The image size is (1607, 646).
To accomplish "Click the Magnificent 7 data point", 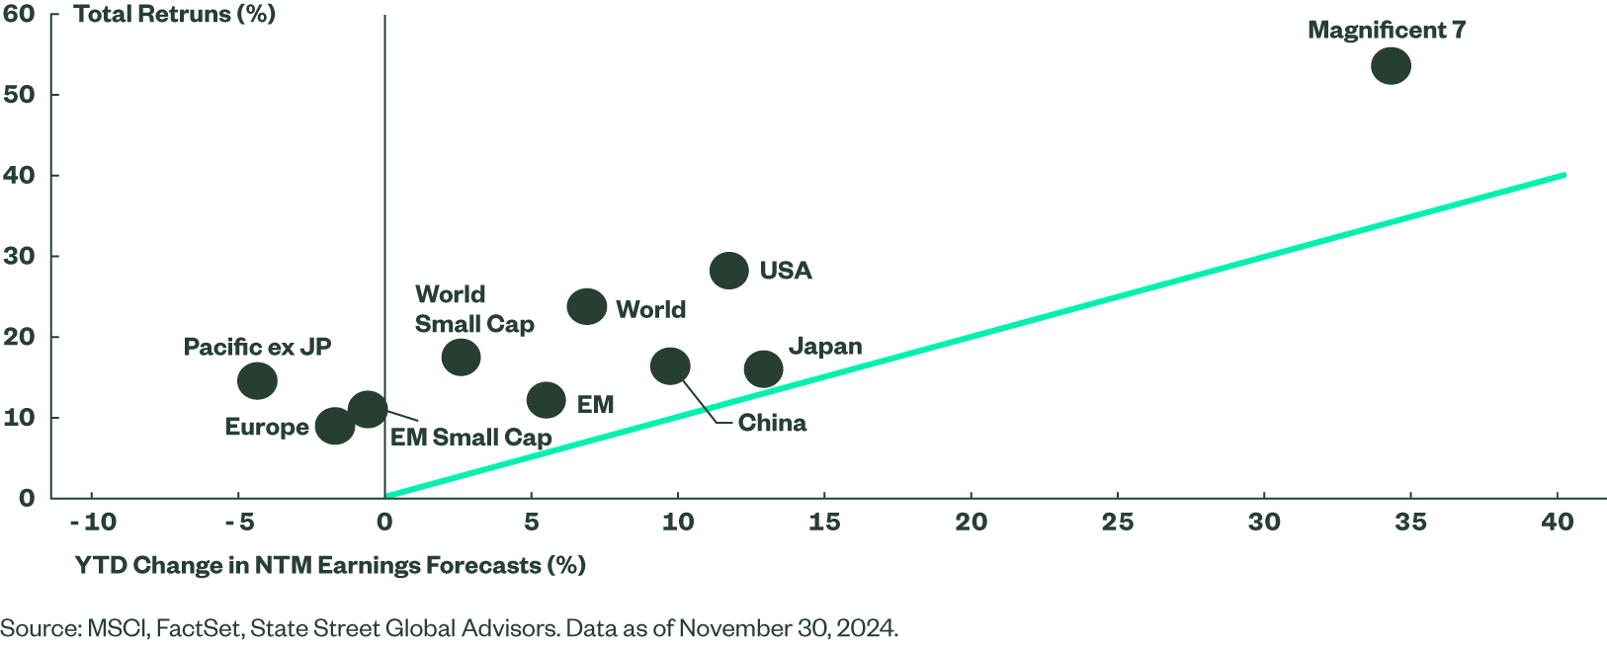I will tap(1390, 66).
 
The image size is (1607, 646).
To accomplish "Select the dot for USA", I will tap(729, 270).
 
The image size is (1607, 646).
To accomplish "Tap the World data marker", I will tap(587, 306).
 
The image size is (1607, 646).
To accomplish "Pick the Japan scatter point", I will tap(763, 368).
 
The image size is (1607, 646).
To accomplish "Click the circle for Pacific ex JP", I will tap(258, 380).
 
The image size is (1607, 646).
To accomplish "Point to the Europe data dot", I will tap(335, 426).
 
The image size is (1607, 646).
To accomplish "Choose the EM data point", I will tap(547, 400).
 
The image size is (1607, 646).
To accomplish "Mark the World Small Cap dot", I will tap(461, 357).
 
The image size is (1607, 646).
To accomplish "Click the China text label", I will tap(772, 423).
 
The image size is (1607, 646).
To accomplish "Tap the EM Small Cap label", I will tap(470, 437).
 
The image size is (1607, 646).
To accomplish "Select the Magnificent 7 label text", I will tap(1386, 30).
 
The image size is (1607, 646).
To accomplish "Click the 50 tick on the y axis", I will tap(19, 95).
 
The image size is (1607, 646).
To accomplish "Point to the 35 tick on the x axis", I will tap(1410, 522).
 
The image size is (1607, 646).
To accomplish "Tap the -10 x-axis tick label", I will tap(93, 522).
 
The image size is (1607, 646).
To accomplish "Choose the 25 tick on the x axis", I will tap(1118, 522).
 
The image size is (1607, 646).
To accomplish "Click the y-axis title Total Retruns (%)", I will tap(175, 14).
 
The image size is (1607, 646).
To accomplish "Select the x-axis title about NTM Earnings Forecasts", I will tap(330, 565).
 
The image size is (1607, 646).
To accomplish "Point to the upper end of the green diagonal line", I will tap(1565, 175).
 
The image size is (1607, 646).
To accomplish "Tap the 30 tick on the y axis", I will tap(19, 256).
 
